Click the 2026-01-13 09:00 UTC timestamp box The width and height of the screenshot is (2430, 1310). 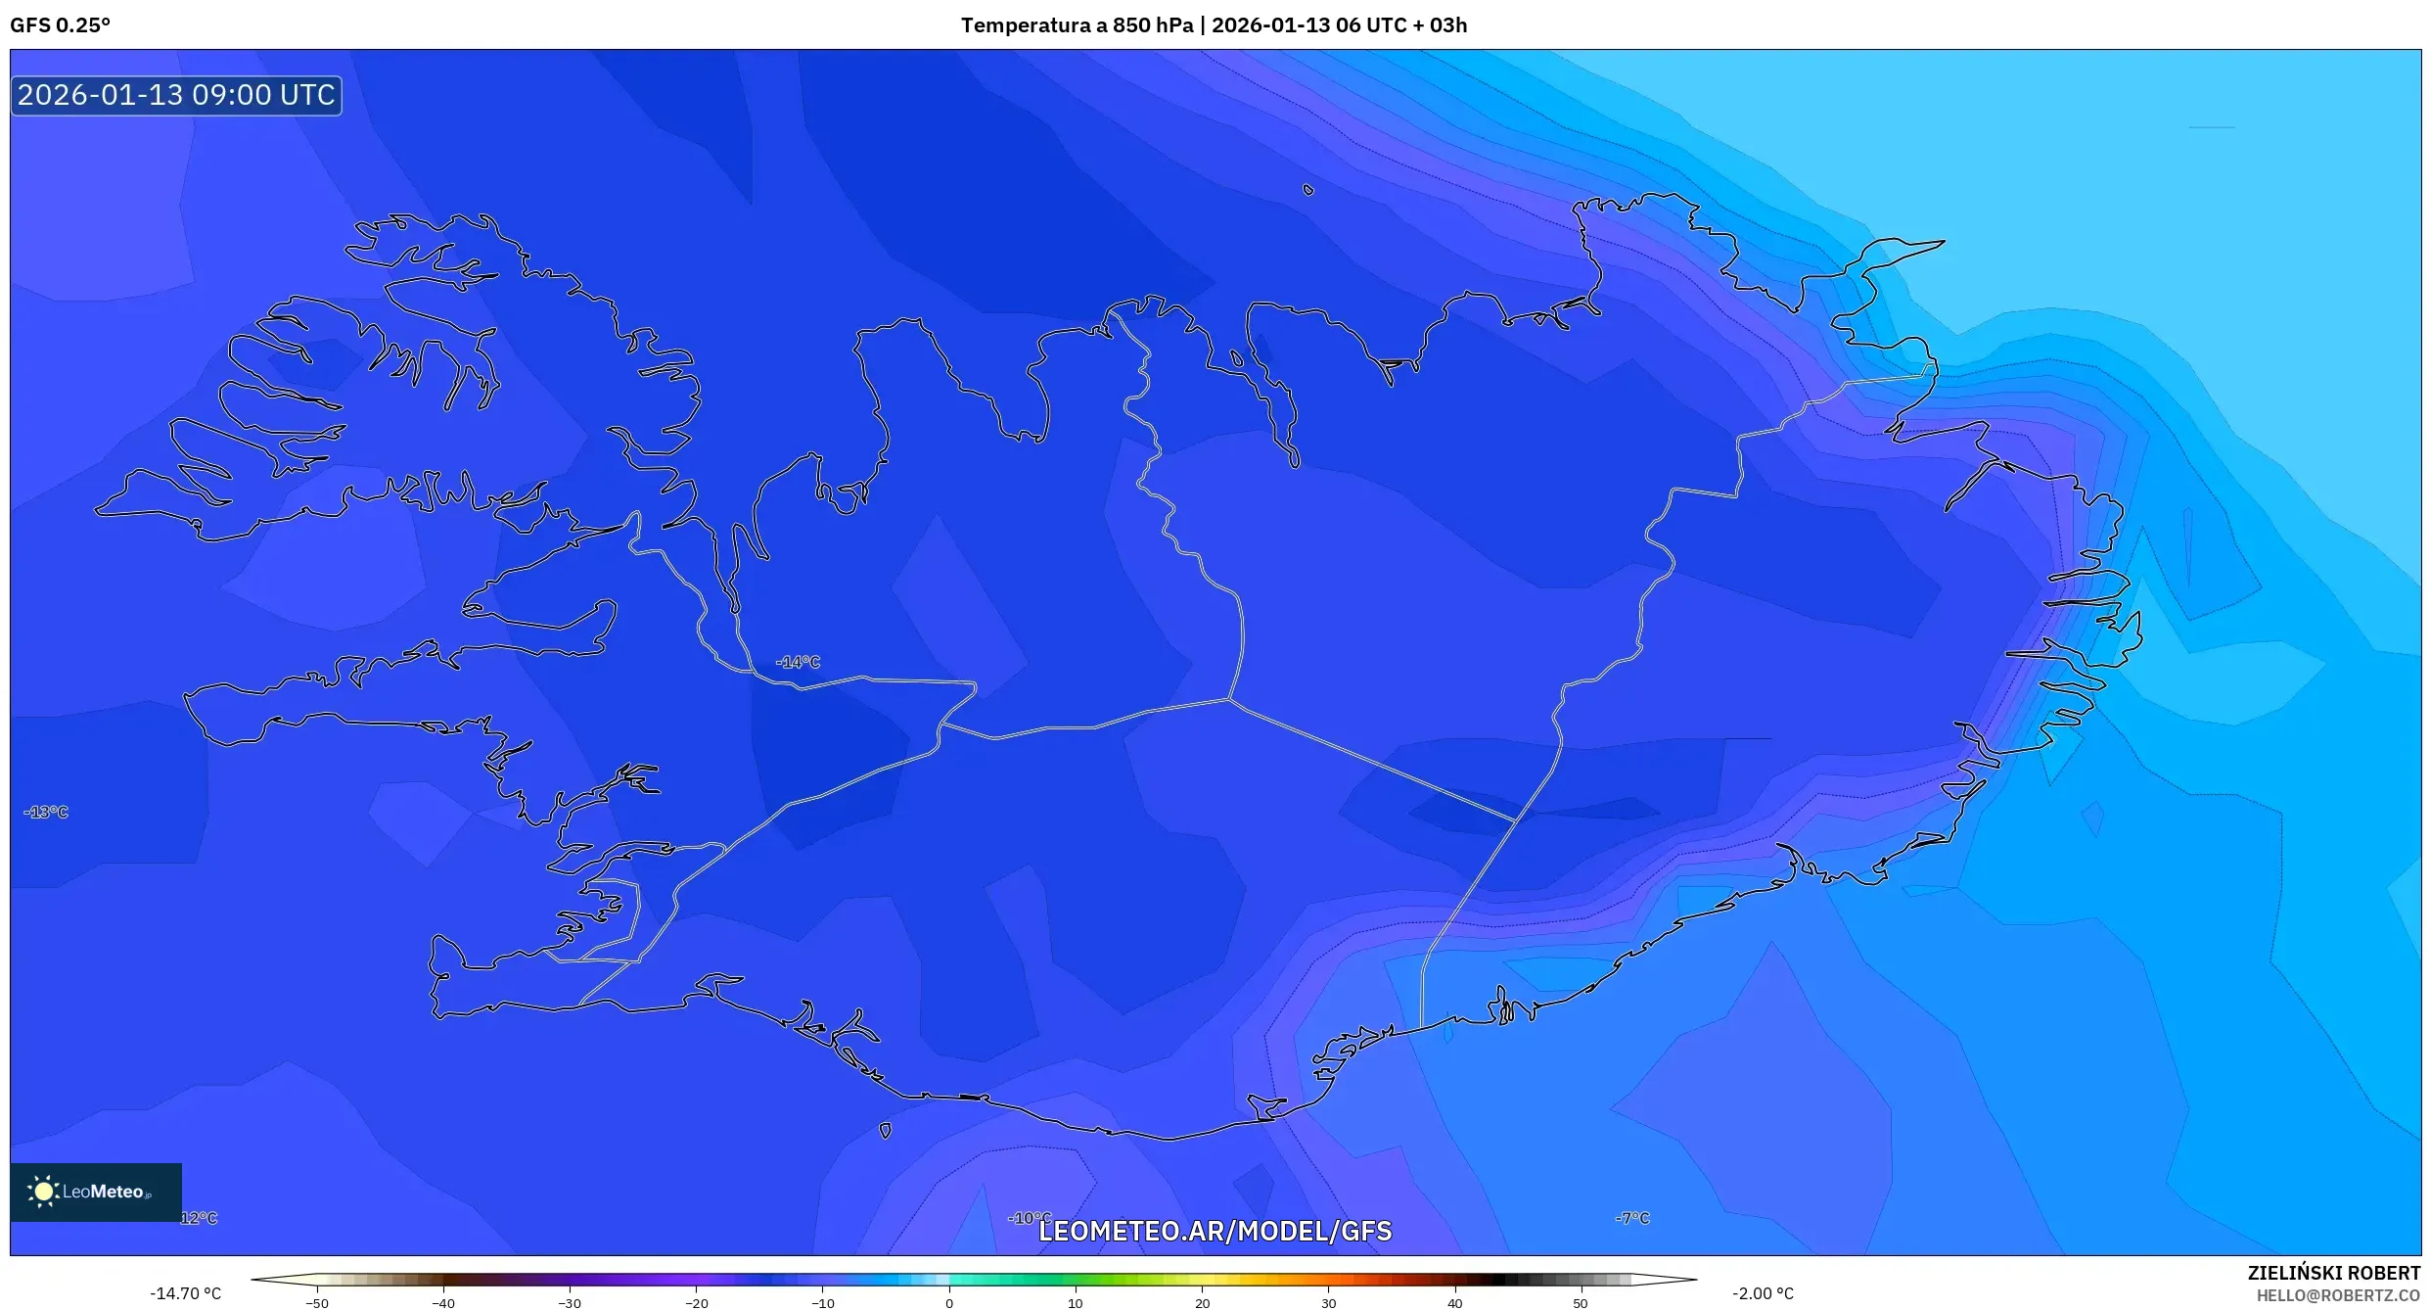click(176, 95)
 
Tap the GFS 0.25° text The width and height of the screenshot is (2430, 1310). click(60, 25)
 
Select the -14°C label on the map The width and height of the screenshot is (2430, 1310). click(798, 663)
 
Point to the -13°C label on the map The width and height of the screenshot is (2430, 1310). click(47, 813)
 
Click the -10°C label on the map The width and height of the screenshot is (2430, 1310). click(1029, 1218)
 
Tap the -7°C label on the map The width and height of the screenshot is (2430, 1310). click(1632, 1218)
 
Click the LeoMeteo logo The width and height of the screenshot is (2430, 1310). click(96, 1192)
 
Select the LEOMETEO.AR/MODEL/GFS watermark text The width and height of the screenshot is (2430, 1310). click(1215, 1232)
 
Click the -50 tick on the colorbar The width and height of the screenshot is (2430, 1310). click(317, 1303)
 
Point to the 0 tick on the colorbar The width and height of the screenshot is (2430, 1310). click(949, 1303)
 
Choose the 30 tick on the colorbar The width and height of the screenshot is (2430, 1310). click(1328, 1303)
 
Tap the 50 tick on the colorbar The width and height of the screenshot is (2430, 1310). click(1581, 1303)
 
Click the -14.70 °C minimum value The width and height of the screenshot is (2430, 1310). click(186, 1293)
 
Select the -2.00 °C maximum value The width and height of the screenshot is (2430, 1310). click(1763, 1293)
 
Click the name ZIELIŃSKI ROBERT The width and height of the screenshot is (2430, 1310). click(2333, 1273)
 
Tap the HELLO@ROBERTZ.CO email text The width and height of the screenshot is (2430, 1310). click(2338, 1296)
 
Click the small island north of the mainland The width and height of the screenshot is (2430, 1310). click(1308, 190)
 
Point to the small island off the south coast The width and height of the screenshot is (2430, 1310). click(886, 1131)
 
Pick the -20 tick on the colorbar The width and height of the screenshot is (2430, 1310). click(696, 1303)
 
